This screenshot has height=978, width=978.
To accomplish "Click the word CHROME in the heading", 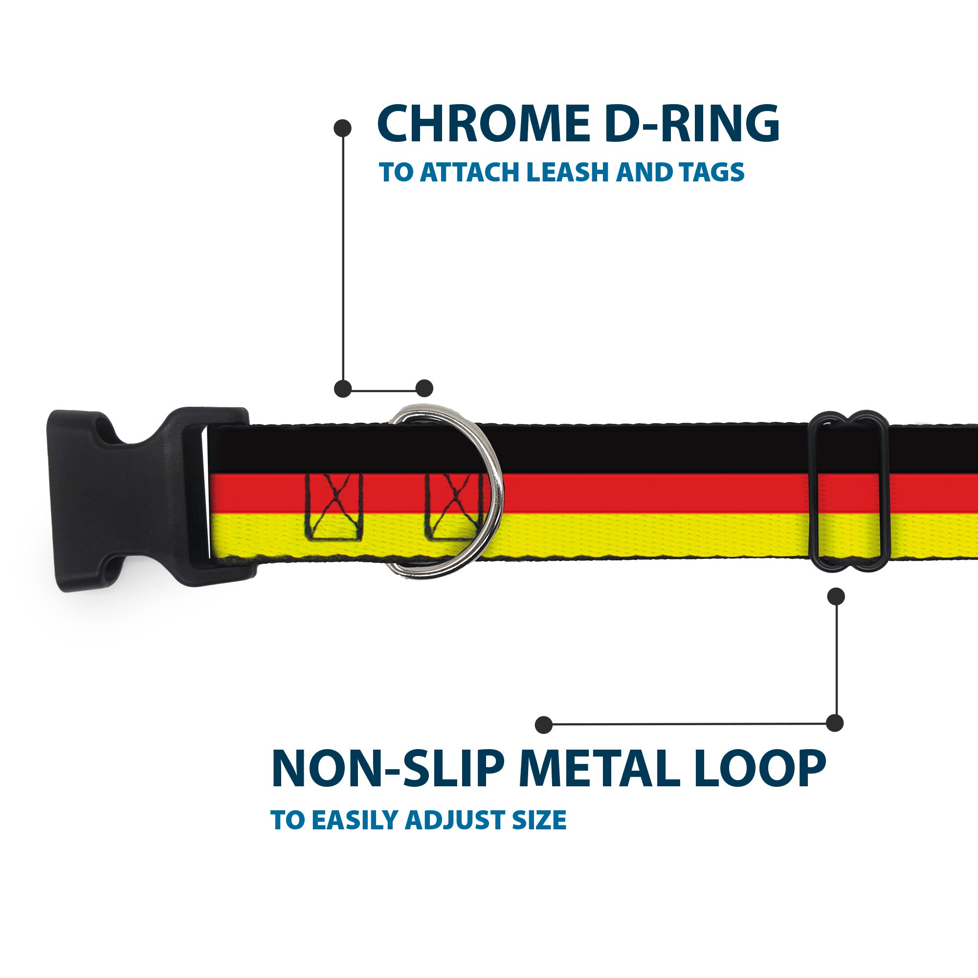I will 484,124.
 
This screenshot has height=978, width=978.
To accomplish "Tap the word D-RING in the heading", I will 691,124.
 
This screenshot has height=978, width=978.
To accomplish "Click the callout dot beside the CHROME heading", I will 343,128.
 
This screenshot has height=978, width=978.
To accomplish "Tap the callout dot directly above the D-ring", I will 424,388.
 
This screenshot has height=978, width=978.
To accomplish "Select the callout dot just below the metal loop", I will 836,596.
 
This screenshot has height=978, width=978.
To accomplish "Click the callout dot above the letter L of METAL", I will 543,724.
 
